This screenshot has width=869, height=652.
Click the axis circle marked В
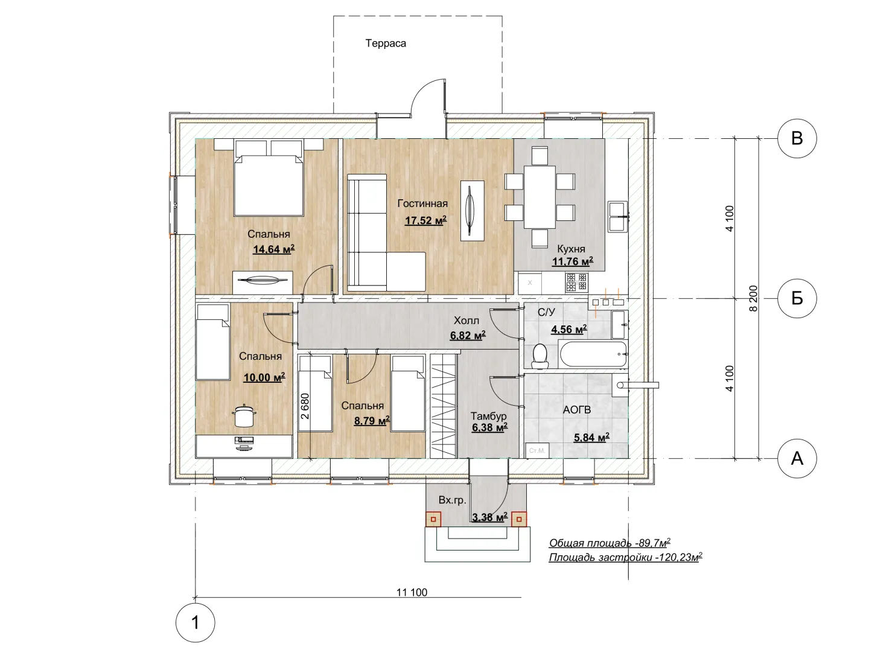point(797,139)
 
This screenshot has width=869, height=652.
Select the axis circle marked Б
point(797,298)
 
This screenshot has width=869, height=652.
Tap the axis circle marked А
point(797,458)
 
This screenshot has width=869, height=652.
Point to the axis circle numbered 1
point(195,622)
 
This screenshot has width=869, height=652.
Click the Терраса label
point(386,43)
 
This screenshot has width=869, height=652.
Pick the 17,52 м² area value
point(425,220)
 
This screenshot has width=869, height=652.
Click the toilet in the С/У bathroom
point(540,356)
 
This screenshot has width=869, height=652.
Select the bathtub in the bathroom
point(593,354)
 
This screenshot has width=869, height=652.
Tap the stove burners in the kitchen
point(577,282)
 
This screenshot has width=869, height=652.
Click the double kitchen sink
point(618,217)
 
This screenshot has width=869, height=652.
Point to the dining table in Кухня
point(540,197)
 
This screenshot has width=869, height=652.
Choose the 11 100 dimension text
point(412,593)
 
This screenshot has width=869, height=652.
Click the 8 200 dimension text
point(753,298)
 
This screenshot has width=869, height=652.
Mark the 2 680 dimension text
point(305,406)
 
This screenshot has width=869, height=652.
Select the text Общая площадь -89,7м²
point(610,543)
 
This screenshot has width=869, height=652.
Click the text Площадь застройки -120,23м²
point(626,557)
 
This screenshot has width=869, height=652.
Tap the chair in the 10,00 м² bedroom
point(244,416)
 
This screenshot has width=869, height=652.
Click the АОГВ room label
point(577,410)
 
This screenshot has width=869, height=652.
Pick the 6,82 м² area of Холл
point(468,335)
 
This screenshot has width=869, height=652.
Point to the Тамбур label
point(489,416)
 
